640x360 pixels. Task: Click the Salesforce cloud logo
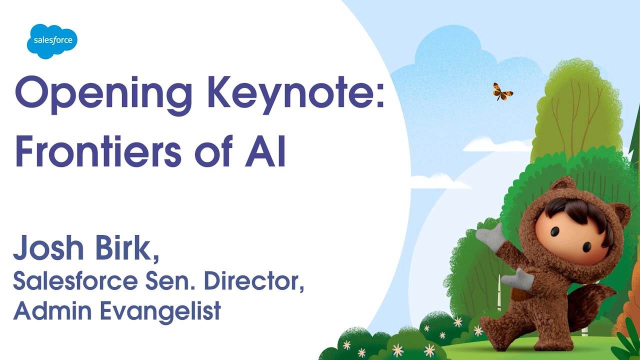click(x=52, y=40)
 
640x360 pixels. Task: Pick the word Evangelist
click(x=160, y=311)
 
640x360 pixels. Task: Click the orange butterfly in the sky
click(x=502, y=91)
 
